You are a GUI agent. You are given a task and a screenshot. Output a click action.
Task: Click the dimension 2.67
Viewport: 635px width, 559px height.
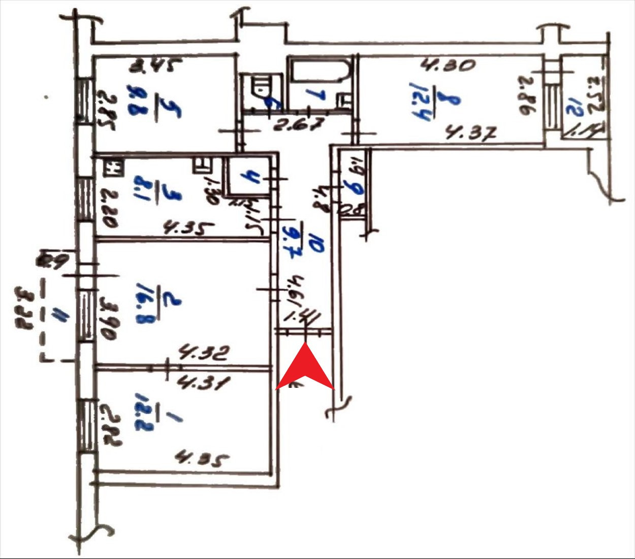tap(299, 125)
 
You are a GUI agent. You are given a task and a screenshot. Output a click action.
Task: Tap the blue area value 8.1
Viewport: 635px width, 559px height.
tap(141, 188)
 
